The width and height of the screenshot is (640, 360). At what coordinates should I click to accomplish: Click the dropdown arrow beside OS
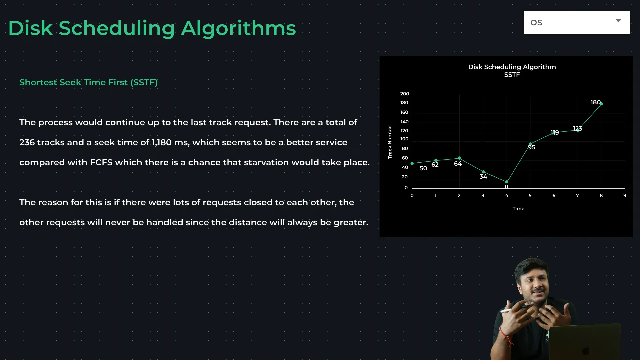click(x=618, y=21)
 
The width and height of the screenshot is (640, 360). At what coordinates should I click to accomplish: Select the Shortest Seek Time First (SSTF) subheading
click(x=88, y=82)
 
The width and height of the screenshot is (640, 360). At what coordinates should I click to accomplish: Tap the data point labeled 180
click(x=601, y=104)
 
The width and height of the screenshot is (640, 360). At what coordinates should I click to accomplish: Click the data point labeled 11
click(x=507, y=182)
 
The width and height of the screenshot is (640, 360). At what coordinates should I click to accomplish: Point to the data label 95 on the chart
click(x=532, y=147)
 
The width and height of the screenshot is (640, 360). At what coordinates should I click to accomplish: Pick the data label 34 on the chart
click(x=483, y=177)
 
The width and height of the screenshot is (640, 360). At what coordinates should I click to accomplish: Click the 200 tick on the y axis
click(x=405, y=94)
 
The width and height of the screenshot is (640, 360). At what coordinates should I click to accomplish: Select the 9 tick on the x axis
click(x=625, y=195)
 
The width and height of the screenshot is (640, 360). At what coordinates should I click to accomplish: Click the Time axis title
click(x=518, y=209)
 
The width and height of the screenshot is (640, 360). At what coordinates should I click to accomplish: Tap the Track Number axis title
click(x=390, y=142)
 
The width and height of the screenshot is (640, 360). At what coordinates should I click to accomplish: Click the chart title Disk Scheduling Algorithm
click(x=512, y=67)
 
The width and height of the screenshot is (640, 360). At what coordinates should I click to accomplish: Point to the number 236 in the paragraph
click(x=27, y=142)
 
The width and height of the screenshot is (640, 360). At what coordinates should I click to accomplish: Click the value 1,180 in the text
click(x=162, y=142)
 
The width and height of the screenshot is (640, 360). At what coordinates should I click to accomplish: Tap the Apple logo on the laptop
click(x=586, y=351)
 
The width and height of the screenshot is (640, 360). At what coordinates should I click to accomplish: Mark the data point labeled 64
click(x=459, y=158)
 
